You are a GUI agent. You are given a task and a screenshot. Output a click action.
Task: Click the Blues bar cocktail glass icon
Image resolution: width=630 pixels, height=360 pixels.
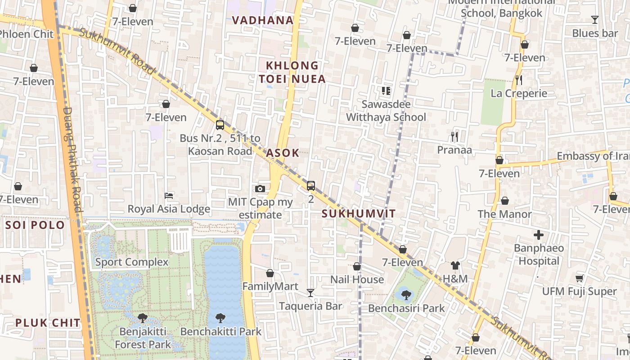tap(594, 19)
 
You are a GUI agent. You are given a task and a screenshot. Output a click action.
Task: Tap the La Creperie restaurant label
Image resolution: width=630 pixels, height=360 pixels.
tap(519, 94)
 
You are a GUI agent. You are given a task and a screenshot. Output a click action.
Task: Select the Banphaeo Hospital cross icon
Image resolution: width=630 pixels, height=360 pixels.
tap(538, 235)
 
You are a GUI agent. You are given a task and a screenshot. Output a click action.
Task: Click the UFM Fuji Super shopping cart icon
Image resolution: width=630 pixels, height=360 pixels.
tap(579, 278)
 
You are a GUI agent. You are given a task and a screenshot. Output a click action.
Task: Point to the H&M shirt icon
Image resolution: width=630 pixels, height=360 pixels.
tap(455, 265)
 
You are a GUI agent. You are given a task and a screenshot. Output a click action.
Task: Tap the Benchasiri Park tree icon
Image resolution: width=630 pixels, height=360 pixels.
tap(406, 295)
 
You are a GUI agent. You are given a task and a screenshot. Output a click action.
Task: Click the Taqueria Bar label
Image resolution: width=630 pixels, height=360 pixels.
tap(310, 306)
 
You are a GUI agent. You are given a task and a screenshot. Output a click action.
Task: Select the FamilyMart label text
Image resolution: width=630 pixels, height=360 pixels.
tap(270, 287)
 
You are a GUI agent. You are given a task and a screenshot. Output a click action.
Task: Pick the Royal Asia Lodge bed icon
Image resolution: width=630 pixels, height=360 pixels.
tap(169, 196)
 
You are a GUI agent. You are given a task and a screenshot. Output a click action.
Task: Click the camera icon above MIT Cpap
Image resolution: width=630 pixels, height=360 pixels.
tap(260, 189)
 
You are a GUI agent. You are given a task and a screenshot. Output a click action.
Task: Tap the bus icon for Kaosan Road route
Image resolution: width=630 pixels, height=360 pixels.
tap(220, 125)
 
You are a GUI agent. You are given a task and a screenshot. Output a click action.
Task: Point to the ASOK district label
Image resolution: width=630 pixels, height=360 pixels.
tap(283, 153)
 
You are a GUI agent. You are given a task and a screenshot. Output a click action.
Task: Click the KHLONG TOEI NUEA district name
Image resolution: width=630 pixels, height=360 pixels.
tap(292, 72)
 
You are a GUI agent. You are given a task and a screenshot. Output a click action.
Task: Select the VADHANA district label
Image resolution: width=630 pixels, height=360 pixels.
tap(263, 20)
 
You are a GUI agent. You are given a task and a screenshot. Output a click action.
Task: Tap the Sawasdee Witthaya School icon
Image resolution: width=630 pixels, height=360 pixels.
tap(386, 91)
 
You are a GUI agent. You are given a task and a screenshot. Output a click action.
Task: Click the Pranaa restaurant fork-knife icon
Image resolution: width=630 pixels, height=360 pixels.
tap(454, 136)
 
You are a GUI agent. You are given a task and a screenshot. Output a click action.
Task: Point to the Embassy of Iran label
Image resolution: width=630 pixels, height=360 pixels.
tap(592, 156)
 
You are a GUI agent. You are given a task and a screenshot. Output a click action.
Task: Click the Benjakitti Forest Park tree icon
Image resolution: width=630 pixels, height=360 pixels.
tap(143, 318)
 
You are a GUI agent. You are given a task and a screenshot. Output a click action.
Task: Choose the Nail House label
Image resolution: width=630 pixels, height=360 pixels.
tap(357, 279)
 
